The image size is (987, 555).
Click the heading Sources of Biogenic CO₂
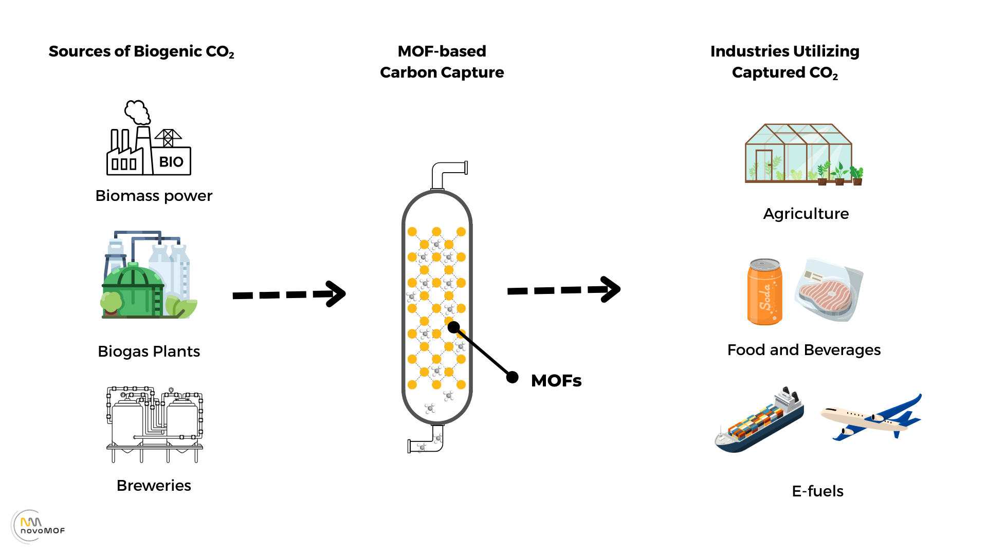coord(141,52)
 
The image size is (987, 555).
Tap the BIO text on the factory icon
coord(171,162)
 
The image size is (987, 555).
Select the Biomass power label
coord(154,196)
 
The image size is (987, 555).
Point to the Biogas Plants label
coord(149,351)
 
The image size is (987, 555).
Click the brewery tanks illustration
coord(155,424)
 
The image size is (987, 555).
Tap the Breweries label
coord(154,486)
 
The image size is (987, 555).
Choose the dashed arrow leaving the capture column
coord(563,290)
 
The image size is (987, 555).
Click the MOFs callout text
coord(556,381)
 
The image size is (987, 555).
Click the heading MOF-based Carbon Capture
coord(442,62)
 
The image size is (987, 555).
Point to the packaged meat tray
coord(829,291)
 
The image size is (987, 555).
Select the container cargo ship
coord(759,421)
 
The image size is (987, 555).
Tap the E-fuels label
coord(817,491)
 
